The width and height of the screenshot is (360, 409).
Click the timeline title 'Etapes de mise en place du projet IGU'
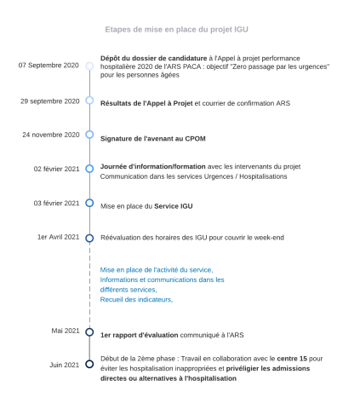[176, 30]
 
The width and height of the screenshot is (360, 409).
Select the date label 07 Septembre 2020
[49, 66]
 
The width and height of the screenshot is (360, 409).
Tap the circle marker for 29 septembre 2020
[89, 101]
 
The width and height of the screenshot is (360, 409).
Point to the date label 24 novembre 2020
[51, 135]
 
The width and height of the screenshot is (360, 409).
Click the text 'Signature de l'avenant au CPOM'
[153, 139]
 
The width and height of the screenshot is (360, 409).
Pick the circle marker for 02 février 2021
[89, 169]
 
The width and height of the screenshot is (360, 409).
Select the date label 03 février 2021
[56, 203]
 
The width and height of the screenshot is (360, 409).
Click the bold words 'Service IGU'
[174, 206]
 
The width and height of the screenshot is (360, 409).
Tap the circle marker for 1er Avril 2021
[89, 238]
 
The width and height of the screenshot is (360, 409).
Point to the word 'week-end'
[269, 238]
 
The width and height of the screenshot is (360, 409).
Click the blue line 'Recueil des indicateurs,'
[136, 300]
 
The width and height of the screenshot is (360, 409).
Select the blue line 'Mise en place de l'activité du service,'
[157, 270]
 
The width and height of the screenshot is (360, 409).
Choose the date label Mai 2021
[66, 331]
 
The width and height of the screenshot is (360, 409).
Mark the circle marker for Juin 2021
[89, 364]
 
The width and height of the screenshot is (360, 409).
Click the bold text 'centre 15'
[292, 359]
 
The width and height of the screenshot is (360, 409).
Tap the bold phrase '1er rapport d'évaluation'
[140, 335]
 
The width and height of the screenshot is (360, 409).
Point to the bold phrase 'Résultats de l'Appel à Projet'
[146, 103]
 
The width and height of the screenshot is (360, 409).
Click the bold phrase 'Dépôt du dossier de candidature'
[153, 58]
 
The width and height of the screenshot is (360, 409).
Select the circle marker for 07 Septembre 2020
[89, 66]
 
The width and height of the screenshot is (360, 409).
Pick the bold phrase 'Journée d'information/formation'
[153, 166]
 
